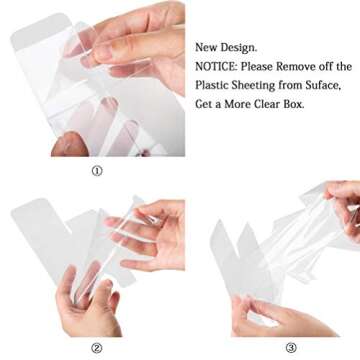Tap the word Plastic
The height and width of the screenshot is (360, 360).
(x=211, y=85)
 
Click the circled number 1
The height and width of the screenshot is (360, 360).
(x=97, y=171)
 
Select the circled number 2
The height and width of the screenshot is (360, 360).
(x=97, y=348)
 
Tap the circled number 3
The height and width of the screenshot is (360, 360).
(x=291, y=348)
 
